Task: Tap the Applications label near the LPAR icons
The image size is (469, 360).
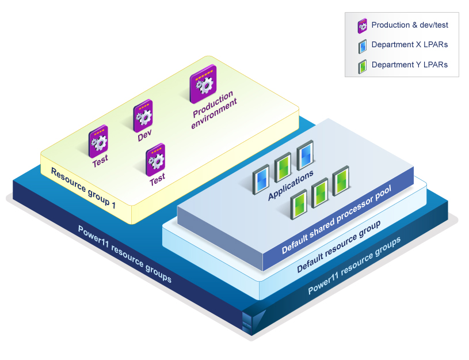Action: (291, 185)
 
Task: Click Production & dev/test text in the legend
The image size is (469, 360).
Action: (409, 25)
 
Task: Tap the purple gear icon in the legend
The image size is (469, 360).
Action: (363, 25)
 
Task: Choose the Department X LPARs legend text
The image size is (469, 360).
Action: (409, 45)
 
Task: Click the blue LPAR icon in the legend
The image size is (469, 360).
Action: (363, 46)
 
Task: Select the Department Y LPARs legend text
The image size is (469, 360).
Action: (409, 65)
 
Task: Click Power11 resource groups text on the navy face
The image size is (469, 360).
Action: (124, 253)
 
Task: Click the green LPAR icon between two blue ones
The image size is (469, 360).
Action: (282, 167)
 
